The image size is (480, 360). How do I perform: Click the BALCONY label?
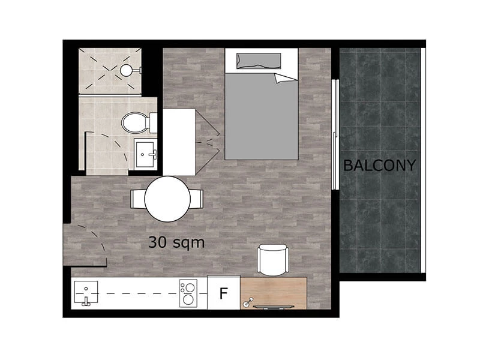379,166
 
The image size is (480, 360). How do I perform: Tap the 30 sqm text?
176,242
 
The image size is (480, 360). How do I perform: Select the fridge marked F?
224,293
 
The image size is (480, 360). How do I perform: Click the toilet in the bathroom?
139,122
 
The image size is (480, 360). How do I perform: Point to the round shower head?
126,70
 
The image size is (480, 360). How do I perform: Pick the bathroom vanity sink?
145,154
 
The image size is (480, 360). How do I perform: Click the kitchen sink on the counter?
86,293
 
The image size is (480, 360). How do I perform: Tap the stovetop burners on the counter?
188,293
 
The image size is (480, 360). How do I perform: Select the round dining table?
167,199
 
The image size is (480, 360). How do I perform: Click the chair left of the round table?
137,199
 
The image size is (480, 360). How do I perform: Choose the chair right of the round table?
197,199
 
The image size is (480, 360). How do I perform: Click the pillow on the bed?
259,61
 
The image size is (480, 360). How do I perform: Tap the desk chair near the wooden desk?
273,260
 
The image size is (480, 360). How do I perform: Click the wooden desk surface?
274,293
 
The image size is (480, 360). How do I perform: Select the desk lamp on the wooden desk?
248,302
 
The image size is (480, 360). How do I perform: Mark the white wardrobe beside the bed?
179,142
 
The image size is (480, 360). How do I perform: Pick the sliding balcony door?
335,134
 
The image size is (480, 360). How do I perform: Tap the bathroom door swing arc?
116,144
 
